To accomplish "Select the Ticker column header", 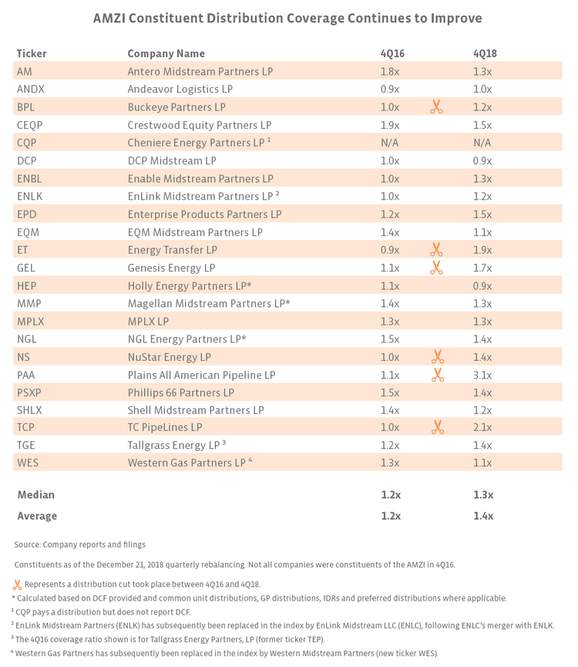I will click(x=32, y=53).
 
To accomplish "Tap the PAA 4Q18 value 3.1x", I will click(x=483, y=375).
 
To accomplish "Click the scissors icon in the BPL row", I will click(x=436, y=107).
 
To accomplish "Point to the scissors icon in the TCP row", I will click(x=437, y=427).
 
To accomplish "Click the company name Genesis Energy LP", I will click(x=171, y=268).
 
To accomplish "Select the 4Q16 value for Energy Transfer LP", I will click(x=390, y=250).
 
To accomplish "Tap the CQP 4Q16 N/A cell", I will click(x=391, y=143).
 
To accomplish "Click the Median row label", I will click(x=35, y=494).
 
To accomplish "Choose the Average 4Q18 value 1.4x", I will click(x=483, y=516).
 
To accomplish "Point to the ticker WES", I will click(x=27, y=463).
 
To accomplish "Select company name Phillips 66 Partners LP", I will click(x=180, y=392).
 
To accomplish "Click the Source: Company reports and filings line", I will click(x=79, y=544).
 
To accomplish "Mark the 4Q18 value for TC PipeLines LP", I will click(x=483, y=427).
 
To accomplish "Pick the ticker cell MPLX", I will click(x=29, y=321).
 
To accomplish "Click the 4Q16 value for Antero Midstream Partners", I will click(x=390, y=71).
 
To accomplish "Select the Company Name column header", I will click(x=166, y=53).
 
